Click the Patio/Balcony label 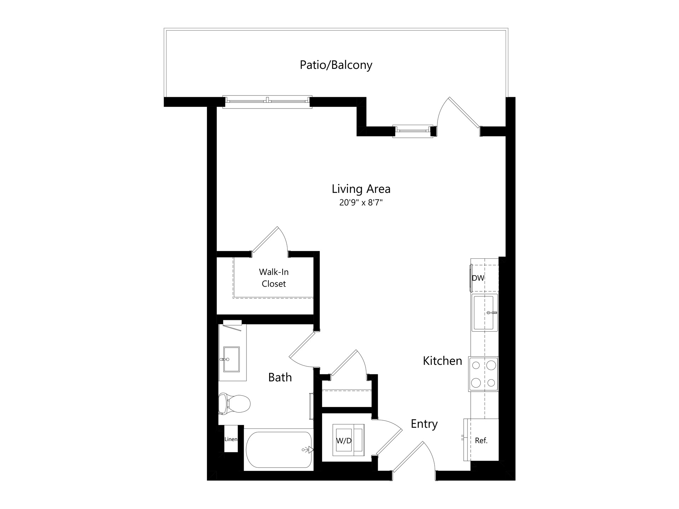click(336, 65)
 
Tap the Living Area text click(361, 189)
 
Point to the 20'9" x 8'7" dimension click(361, 203)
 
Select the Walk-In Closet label click(274, 278)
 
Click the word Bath click(280, 378)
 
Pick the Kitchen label click(442, 361)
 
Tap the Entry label click(424, 424)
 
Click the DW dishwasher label click(478, 278)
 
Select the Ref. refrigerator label click(481, 441)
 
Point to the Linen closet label click(231, 439)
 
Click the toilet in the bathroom click(233, 403)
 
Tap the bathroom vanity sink click(231, 359)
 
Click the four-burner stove click(483, 374)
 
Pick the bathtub click(279, 450)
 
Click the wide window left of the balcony click(267, 101)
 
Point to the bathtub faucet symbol click(309, 450)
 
